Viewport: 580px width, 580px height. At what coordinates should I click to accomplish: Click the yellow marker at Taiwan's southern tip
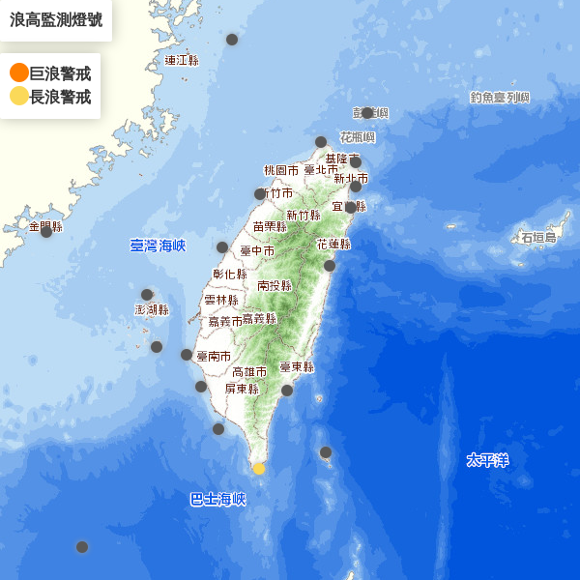coord(258,469)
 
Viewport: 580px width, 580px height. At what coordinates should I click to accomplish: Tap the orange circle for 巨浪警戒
coord(18,72)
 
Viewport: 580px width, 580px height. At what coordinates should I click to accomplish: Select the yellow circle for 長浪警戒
coord(18,96)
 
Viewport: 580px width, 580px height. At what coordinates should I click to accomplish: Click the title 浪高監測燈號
coord(55,19)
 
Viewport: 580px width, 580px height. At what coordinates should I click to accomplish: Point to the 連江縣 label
coord(181,60)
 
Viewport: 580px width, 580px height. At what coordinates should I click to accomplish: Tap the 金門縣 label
coord(45,226)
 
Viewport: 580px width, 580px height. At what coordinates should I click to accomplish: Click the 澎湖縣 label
coord(152,309)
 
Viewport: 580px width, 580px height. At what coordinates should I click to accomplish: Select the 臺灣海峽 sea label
coord(158,246)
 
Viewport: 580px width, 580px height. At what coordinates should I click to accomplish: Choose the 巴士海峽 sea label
coord(217,500)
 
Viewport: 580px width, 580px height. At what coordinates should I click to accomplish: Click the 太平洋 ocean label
coord(487,460)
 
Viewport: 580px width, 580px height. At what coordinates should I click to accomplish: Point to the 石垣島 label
coord(538,237)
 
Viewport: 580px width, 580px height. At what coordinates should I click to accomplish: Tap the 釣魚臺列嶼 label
coord(501,98)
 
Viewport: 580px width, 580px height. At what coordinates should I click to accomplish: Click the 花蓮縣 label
coord(333,245)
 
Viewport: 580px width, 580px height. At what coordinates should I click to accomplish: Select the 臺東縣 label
coord(297,367)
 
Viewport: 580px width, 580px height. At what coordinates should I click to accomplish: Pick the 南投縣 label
coord(275,285)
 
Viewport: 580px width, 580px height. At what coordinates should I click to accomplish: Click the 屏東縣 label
coord(242,389)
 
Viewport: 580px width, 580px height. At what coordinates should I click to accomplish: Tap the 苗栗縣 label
coord(270,226)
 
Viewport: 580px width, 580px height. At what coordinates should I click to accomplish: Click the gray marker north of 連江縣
coord(232,40)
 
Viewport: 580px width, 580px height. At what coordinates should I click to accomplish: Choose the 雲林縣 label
coord(221,301)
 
